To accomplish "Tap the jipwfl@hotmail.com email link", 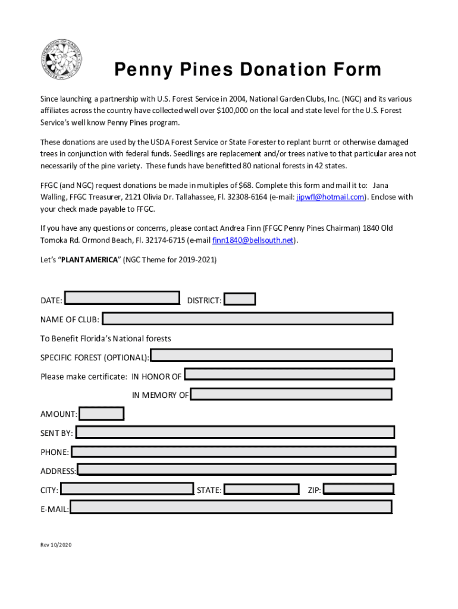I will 330,197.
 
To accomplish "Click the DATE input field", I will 122,299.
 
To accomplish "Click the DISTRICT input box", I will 240,299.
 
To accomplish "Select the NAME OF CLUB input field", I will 247,319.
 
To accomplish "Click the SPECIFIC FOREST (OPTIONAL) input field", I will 271,356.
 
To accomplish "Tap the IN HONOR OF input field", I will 290,375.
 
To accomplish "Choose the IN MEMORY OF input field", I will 291,394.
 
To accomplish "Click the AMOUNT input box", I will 102,413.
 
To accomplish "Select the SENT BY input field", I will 235,432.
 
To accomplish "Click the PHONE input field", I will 233,451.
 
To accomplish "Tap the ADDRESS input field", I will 236,470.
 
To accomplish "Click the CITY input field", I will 127,489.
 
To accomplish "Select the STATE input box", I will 262,489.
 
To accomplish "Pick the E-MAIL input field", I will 231,507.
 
